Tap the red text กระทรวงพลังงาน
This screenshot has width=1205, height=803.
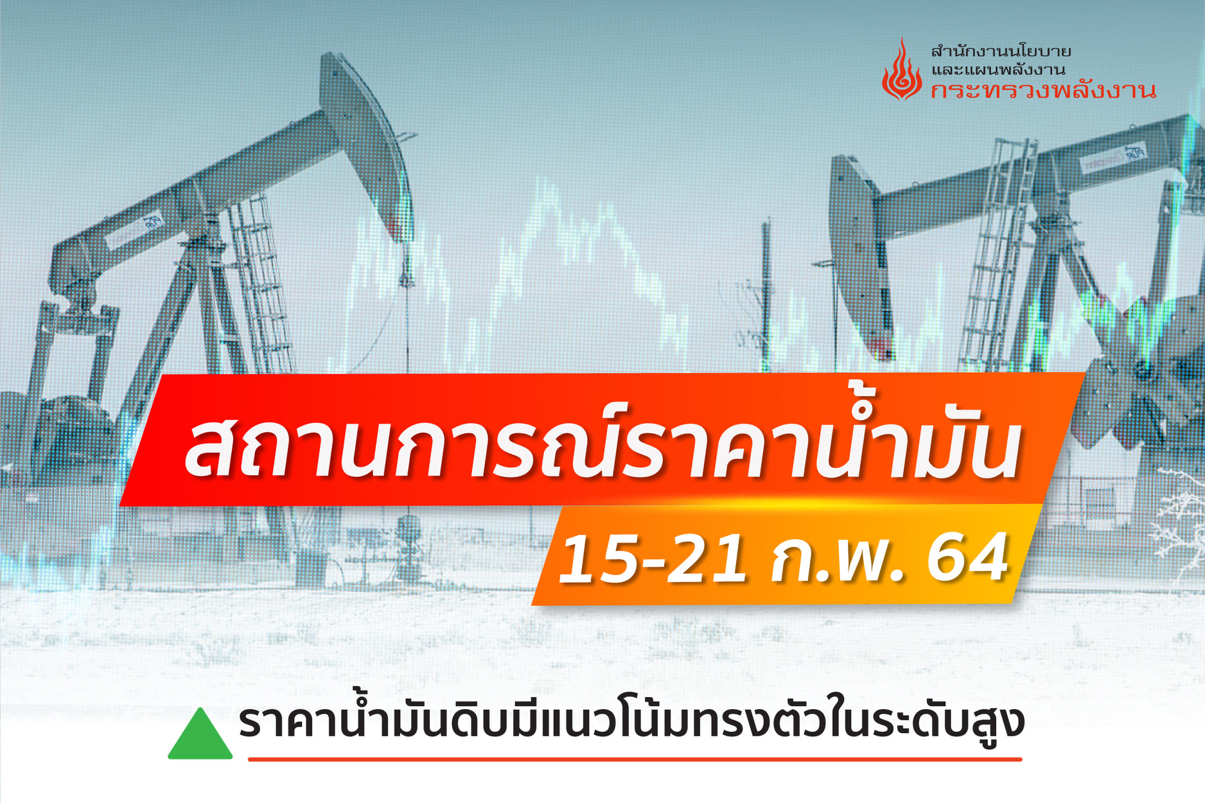1043,91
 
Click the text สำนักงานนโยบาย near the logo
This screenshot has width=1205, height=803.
1001,51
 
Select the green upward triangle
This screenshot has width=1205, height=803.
200,734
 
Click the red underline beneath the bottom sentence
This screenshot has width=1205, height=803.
635,759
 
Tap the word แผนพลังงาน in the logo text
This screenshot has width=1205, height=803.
1015,69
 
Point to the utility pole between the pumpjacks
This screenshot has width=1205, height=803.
766,295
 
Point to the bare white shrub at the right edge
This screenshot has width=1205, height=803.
1179,526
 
